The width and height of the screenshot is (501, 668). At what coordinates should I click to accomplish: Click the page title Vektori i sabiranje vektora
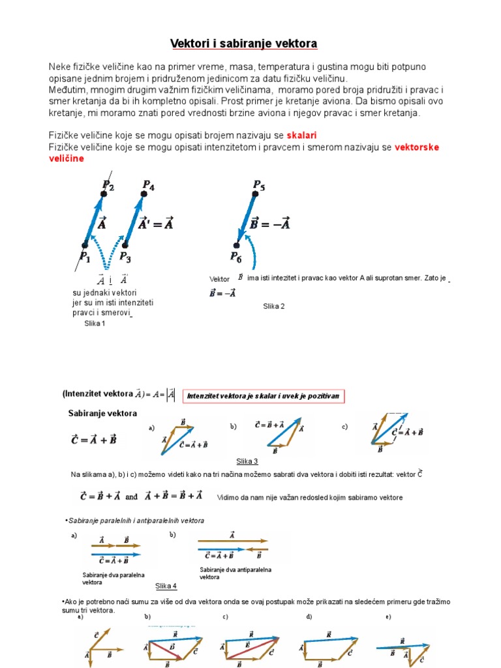point(243,44)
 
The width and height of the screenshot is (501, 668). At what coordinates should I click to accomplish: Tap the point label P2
point(108,186)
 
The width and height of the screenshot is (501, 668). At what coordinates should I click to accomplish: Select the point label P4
point(148,186)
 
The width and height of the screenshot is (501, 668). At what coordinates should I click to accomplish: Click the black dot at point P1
point(85,245)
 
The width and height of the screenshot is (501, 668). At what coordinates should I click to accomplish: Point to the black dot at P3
point(125,245)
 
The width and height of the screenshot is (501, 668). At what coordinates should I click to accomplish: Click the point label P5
point(259,185)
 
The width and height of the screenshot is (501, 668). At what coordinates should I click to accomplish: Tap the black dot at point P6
point(237,245)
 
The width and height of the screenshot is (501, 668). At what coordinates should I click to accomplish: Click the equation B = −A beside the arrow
point(270,224)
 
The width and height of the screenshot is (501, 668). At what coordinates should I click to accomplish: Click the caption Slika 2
point(274,306)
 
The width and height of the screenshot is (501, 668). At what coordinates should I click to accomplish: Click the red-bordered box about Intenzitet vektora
point(264,396)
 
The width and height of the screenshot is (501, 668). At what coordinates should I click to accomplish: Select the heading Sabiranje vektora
point(102,414)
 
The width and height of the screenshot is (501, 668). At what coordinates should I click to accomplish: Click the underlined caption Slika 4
point(166,586)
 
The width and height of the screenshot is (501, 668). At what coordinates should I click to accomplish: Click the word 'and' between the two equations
point(131,496)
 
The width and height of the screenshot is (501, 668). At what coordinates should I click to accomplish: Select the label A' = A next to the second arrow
point(157,224)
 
